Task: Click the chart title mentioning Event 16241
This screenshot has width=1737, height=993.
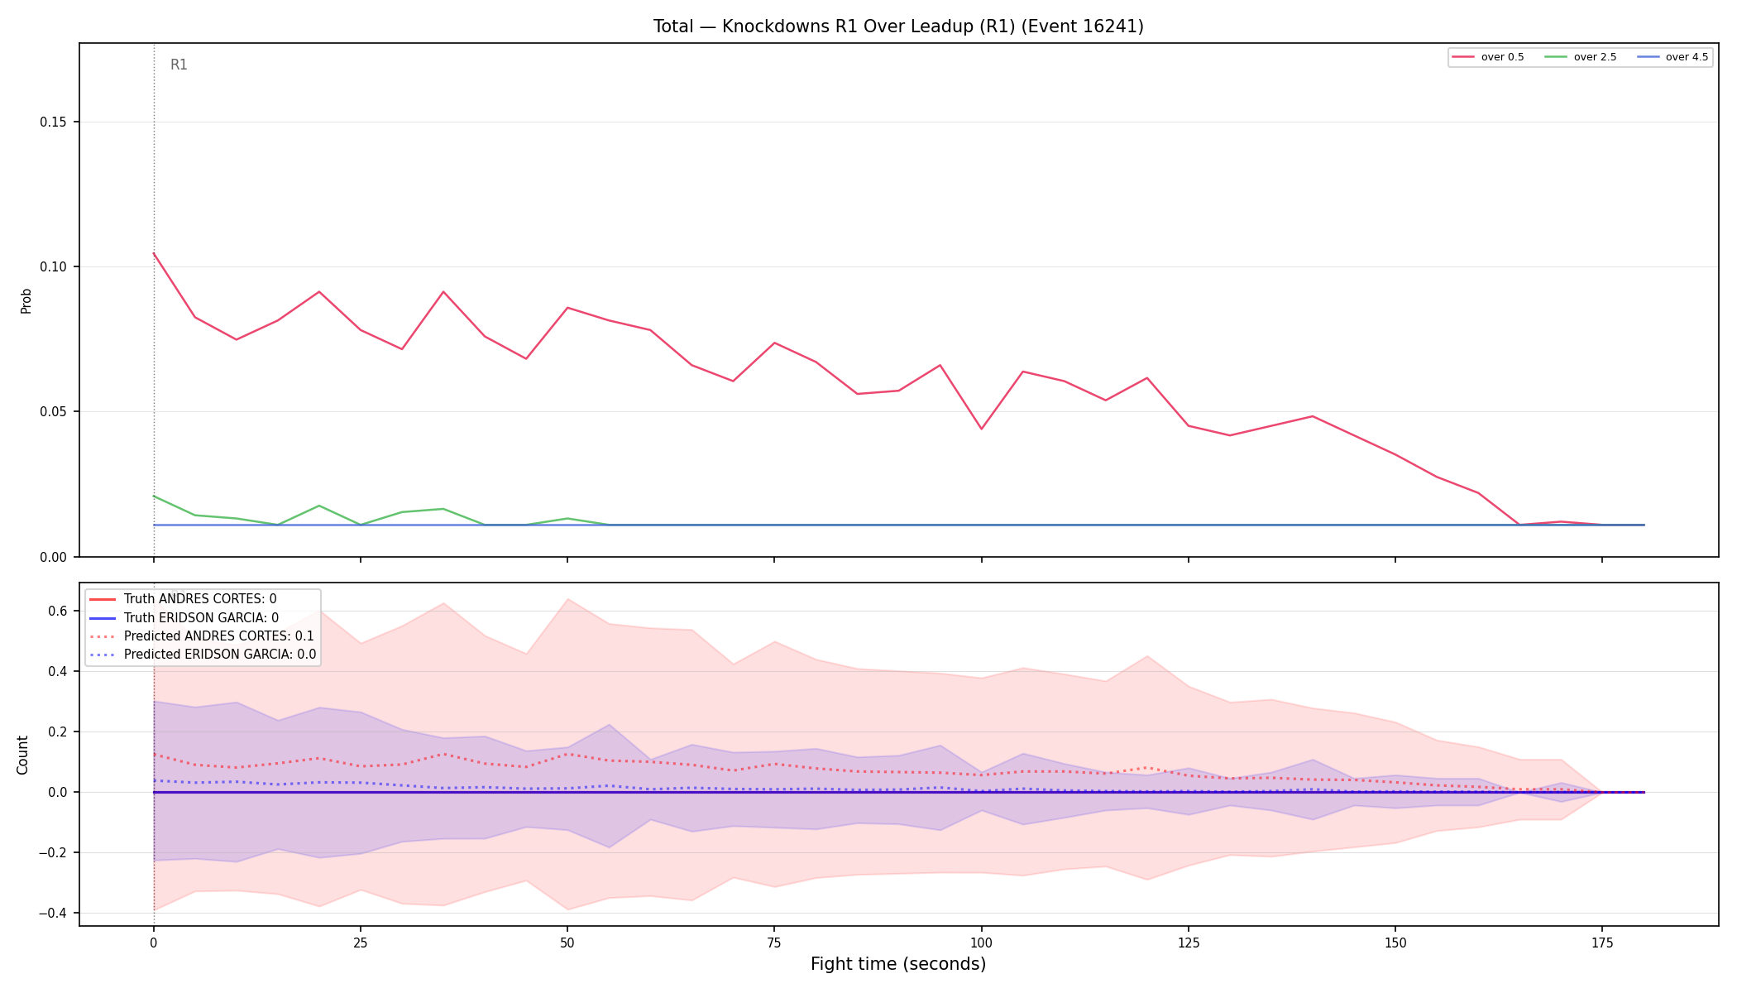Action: tap(898, 26)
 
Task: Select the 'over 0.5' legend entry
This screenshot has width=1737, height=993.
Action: tap(1488, 57)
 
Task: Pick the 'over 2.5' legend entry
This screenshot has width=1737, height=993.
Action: tap(1581, 57)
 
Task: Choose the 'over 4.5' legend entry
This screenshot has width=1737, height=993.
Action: tap(1672, 57)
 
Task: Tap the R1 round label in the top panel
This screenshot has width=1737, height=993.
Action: tap(179, 65)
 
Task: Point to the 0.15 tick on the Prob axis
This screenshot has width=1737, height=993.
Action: tap(54, 122)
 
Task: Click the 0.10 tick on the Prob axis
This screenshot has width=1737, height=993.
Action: tap(54, 267)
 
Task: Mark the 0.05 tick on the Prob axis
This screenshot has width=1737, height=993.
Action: tap(54, 412)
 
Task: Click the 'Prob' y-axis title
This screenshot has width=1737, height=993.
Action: tap(26, 300)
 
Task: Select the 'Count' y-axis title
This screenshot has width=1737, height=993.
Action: tap(22, 755)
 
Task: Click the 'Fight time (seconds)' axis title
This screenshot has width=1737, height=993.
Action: tap(898, 964)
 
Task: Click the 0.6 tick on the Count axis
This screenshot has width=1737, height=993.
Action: tap(58, 612)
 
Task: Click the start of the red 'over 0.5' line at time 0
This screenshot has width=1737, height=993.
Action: tap(154, 253)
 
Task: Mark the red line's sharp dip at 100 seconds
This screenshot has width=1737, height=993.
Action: tap(981, 429)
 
